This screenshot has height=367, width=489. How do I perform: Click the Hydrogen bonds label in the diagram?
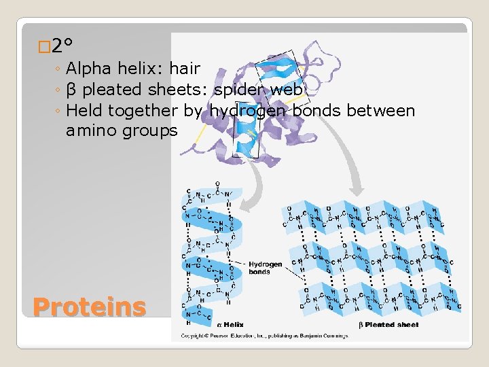pyautogui.click(x=265, y=268)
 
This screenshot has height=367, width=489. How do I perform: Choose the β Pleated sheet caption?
pyautogui.click(x=388, y=325)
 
